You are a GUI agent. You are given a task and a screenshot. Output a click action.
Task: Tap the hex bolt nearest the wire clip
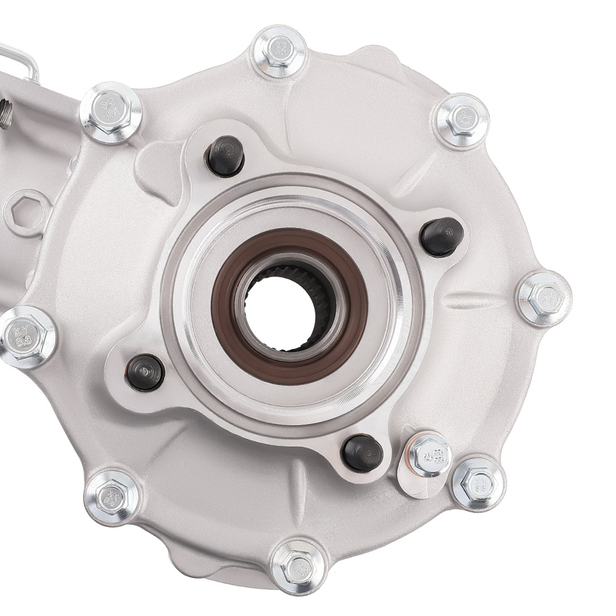[110, 111]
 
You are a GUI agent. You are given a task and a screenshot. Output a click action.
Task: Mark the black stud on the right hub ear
[442, 237]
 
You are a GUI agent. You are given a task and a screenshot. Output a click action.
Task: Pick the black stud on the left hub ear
[145, 372]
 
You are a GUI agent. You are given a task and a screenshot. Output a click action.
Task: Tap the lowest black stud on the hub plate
[362, 453]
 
